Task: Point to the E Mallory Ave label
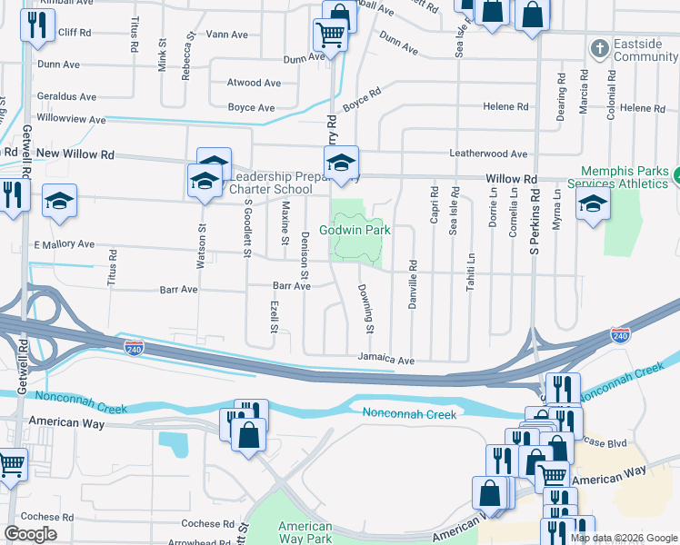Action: point(64,244)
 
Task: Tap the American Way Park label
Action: point(305,532)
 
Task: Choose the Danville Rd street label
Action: point(413,284)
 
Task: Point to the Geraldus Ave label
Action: point(66,96)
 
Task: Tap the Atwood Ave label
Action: point(254,83)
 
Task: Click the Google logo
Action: point(31,534)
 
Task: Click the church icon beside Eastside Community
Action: point(599,47)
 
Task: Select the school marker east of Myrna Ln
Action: point(593,202)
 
